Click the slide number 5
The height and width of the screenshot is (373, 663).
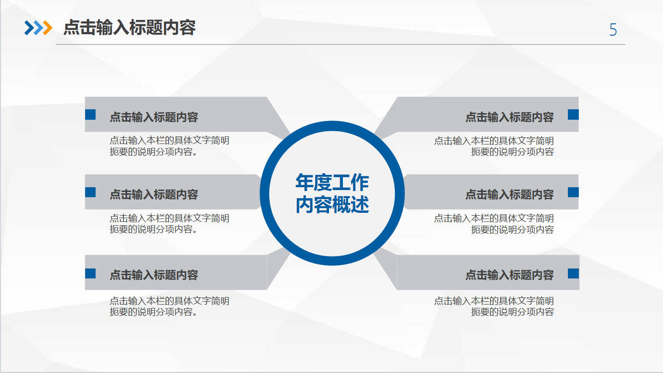click(613, 30)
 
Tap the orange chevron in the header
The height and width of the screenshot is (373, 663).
click(48, 28)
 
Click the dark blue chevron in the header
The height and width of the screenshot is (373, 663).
click(29, 28)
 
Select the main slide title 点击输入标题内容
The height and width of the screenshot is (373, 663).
click(129, 28)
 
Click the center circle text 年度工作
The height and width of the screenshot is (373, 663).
click(332, 182)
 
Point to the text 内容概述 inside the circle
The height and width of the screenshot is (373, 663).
click(332, 204)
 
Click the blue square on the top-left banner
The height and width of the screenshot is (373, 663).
click(90, 115)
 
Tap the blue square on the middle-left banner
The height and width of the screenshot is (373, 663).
click(90, 192)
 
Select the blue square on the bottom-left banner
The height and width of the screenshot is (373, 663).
click(90, 273)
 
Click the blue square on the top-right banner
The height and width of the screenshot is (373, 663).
click(573, 115)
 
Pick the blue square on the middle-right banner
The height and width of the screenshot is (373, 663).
click(573, 192)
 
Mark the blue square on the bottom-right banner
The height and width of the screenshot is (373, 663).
click(573, 273)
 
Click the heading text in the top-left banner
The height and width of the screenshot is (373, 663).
click(154, 117)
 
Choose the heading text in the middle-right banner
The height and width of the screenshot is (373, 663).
click(509, 195)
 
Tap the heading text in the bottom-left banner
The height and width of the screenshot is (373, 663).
click(154, 275)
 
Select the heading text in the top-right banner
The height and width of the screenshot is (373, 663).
click(509, 117)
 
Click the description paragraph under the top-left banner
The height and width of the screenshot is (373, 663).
click(169, 146)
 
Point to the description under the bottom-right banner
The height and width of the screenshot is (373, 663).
click(494, 306)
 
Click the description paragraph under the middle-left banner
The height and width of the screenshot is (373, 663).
click(169, 224)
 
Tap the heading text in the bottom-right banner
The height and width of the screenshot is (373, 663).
click(509, 275)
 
